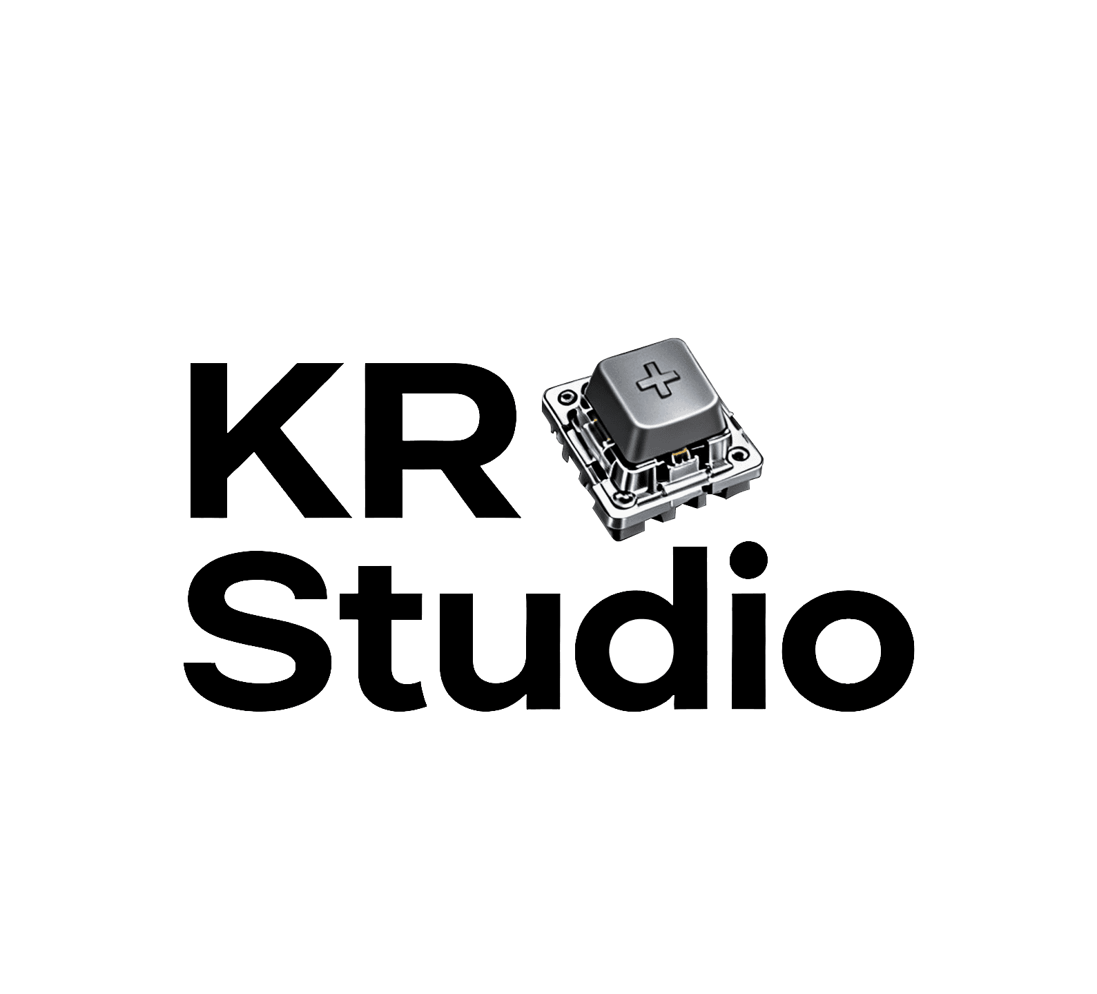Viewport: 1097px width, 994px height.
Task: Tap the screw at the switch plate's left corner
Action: [566, 398]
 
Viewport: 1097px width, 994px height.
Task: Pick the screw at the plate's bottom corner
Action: [625, 498]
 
